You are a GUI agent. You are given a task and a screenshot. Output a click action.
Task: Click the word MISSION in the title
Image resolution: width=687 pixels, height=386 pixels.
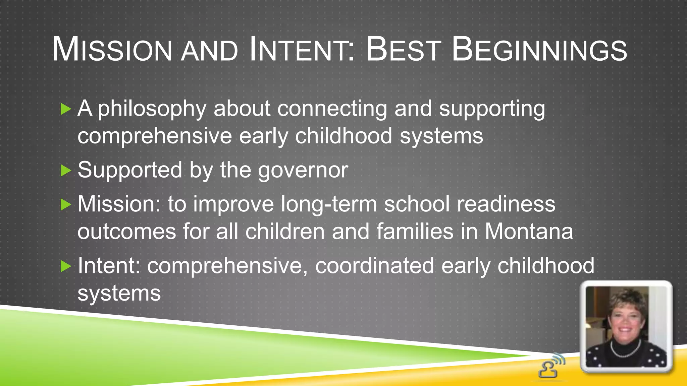click(x=112, y=50)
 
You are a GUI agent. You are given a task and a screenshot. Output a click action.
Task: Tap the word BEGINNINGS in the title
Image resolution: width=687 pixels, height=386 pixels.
click(x=539, y=50)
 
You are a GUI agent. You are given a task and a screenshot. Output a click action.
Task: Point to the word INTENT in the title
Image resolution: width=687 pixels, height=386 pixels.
click(x=300, y=50)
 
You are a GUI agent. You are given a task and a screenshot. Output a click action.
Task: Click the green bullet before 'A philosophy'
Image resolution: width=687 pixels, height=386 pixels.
click(x=66, y=109)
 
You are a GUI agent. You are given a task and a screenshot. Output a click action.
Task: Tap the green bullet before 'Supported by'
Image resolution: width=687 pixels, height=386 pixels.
click(x=66, y=171)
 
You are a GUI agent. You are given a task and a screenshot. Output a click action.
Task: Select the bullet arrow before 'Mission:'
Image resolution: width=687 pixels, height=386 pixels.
click(x=66, y=204)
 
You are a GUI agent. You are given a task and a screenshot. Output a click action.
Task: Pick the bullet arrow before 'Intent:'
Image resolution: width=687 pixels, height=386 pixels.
click(x=66, y=266)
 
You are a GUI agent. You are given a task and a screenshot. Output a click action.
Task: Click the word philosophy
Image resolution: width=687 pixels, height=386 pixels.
click(x=152, y=109)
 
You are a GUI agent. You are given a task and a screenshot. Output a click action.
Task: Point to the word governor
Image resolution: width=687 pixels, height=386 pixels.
click(x=303, y=170)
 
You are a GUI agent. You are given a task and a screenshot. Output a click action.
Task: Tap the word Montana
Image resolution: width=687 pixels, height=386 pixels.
click(x=529, y=232)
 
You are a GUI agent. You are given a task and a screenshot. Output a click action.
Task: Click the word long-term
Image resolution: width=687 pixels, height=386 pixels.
click(x=328, y=204)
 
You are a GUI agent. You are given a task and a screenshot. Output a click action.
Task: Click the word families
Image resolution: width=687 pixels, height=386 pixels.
click(x=415, y=232)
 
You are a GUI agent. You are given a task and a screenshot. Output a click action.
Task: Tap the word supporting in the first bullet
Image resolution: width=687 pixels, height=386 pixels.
click(x=492, y=109)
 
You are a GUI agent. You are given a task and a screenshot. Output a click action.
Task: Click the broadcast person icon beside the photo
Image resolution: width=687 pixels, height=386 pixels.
click(x=551, y=366)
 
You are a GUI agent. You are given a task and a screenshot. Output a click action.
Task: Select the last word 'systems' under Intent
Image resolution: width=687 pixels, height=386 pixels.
click(x=119, y=294)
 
